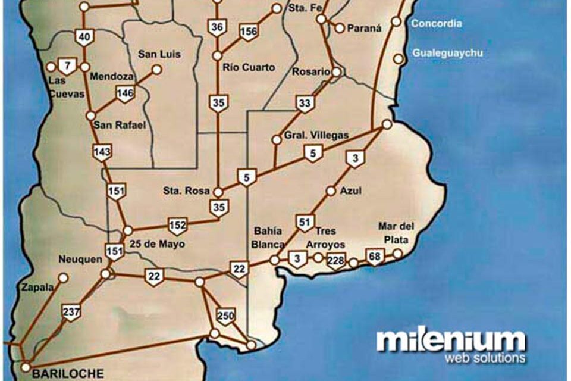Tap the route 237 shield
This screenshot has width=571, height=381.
click(x=71, y=311)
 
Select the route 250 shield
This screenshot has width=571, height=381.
click(x=225, y=317)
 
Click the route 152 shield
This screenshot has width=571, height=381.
click(x=177, y=226)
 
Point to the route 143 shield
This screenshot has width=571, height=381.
click(x=102, y=152)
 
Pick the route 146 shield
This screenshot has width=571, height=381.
click(x=125, y=93)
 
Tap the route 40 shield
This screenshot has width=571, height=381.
click(x=84, y=37)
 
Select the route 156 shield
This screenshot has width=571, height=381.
click(x=248, y=32)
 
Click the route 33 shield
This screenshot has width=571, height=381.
click(x=305, y=104)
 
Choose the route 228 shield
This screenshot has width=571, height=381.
click(x=336, y=260)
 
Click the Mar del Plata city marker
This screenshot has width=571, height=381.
click(x=397, y=254)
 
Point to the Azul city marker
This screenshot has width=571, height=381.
click(x=331, y=191)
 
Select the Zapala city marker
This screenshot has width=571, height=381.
click(x=63, y=277)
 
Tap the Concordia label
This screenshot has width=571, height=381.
click(x=437, y=24)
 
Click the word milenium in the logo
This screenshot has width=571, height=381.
click(x=451, y=341)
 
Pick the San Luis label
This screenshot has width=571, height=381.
click(x=159, y=54)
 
